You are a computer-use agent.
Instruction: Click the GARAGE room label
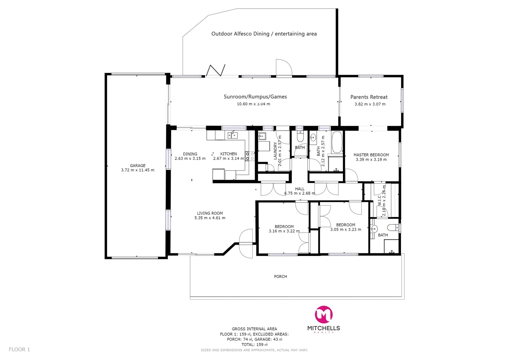[138, 165]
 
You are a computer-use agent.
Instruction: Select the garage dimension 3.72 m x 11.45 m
[138, 170]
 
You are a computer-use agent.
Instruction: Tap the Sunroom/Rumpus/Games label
[255, 97]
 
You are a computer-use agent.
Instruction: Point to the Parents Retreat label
[369, 97]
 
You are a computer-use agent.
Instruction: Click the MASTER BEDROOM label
[371, 155]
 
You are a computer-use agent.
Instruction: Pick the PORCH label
[280, 276]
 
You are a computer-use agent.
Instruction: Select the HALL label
[300, 189]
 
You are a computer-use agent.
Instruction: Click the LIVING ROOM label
[210, 213]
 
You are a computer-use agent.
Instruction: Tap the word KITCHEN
[229, 154]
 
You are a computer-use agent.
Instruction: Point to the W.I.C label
[379, 200]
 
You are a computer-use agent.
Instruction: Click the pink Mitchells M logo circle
[324, 314]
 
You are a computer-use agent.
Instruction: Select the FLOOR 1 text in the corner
[19, 349]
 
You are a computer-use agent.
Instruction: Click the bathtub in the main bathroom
[337, 142]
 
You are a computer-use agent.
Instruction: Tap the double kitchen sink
[233, 135]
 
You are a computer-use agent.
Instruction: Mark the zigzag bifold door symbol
[216, 70]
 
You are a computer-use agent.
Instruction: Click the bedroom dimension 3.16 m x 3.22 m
[284, 231]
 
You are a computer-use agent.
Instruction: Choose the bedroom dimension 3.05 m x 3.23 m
[346, 229]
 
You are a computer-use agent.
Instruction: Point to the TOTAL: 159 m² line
[254, 345]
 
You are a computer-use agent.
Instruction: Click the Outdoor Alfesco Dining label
[264, 34]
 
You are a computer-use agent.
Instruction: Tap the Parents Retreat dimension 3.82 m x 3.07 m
[370, 104]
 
